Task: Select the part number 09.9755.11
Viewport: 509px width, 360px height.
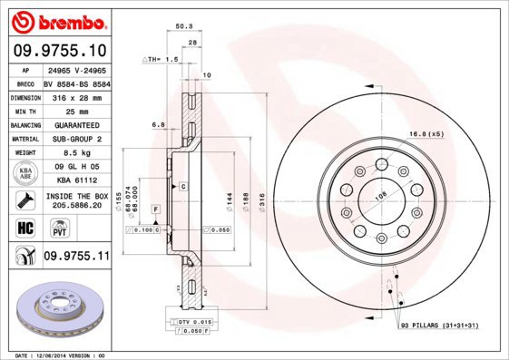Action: tap(76, 257)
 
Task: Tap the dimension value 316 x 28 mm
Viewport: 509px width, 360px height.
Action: tap(75, 96)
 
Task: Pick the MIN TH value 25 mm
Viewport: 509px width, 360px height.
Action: tap(75, 110)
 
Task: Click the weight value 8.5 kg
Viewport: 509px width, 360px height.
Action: tap(75, 153)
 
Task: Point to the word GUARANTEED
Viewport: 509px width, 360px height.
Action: tap(75, 124)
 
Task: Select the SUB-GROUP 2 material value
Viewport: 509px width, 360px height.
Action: tap(75, 139)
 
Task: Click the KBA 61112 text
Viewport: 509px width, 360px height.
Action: tap(75, 180)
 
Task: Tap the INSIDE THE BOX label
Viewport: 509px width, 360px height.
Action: tap(75, 196)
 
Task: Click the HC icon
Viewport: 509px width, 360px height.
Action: tap(24, 226)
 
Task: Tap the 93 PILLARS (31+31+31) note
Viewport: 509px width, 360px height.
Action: tap(440, 324)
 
